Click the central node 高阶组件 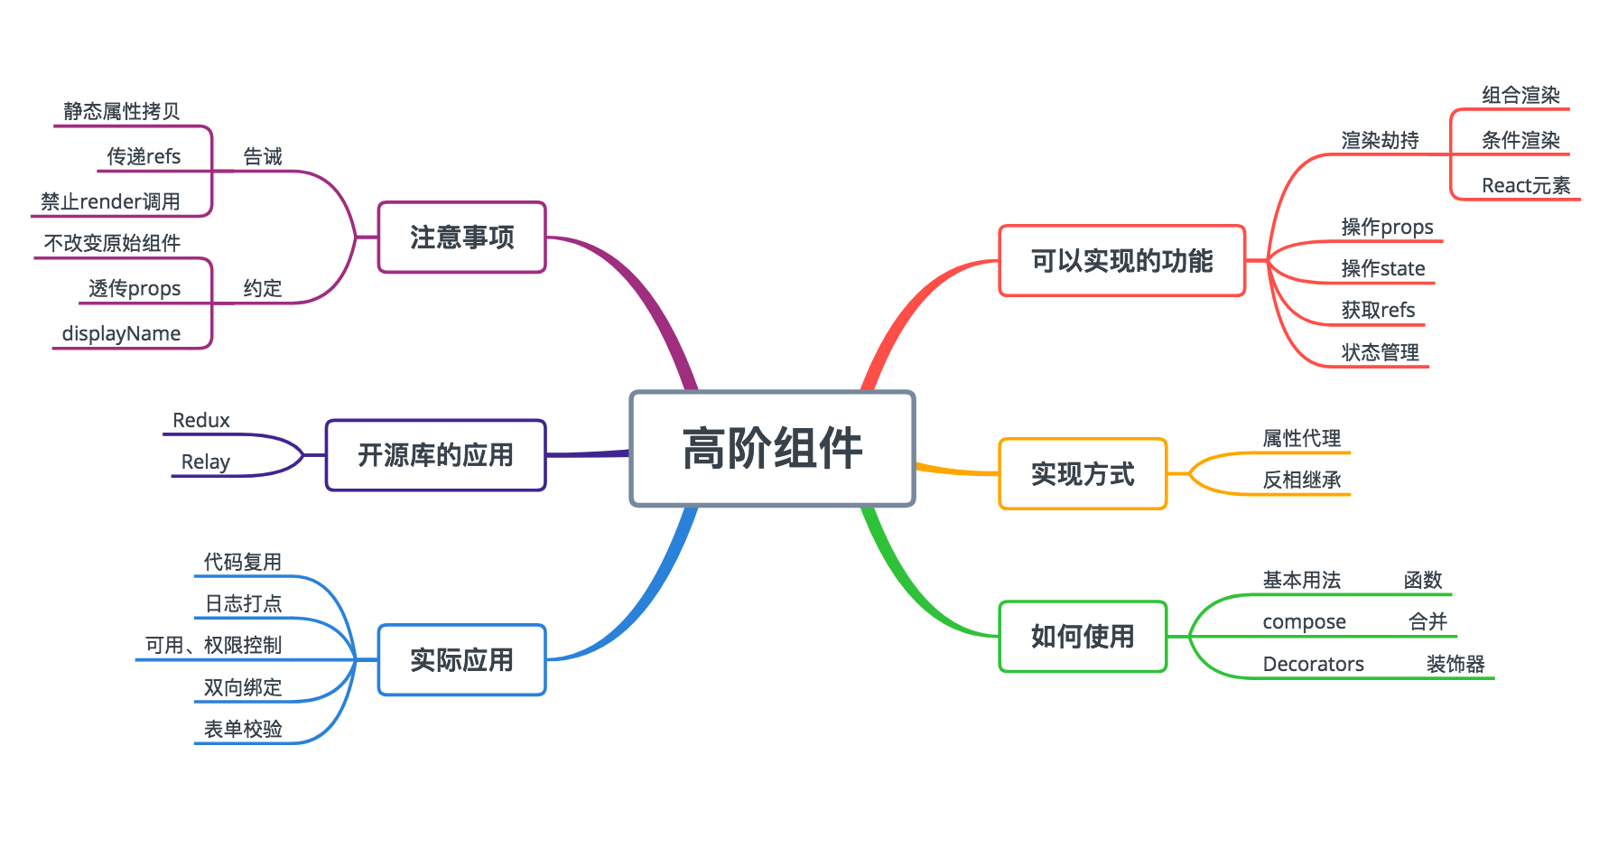(772, 448)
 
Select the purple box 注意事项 (461, 237)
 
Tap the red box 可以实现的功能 (1121, 261)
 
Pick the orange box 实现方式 (1083, 474)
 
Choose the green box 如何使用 (1083, 637)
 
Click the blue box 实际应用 (461, 660)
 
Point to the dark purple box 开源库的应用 (435, 455)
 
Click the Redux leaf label (201, 420)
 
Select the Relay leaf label (205, 462)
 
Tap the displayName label (121, 333)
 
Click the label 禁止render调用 (110, 201)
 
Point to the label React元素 (1526, 185)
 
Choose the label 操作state (1382, 268)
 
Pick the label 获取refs (1378, 310)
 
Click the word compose (1304, 621)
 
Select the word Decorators (1313, 664)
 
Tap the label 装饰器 (1455, 664)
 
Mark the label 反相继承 (1301, 480)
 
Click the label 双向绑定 (243, 687)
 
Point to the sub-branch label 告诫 (263, 156)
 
